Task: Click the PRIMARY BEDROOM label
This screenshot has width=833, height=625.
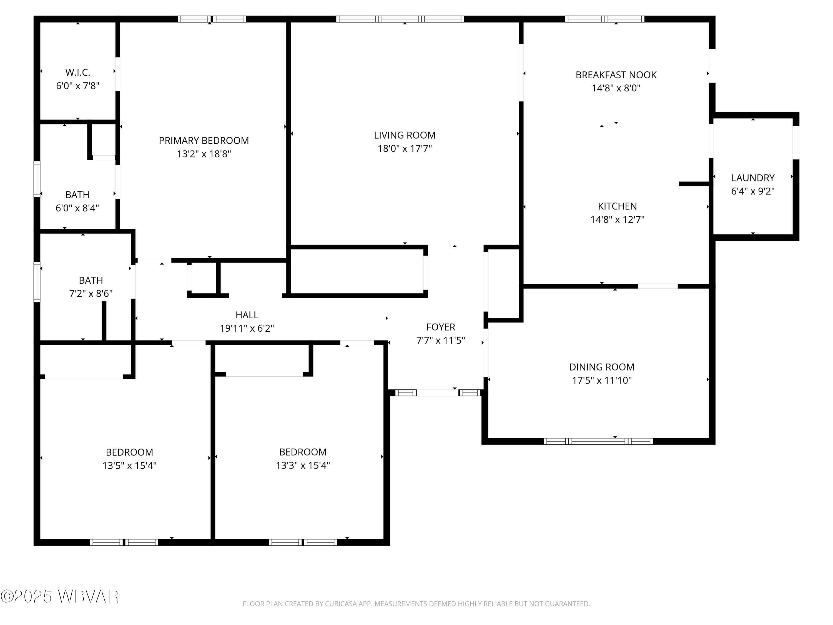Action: (x=204, y=141)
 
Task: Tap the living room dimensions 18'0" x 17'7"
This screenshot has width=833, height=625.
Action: (x=405, y=148)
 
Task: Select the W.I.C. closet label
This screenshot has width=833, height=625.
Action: (x=77, y=72)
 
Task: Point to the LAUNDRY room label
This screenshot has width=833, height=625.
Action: (x=752, y=178)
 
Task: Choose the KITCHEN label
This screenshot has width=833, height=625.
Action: (x=617, y=206)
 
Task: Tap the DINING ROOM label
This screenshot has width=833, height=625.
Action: (x=601, y=367)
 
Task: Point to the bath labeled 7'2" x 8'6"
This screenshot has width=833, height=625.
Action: (x=91, y=280)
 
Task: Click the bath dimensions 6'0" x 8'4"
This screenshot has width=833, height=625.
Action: (x=77, y=208)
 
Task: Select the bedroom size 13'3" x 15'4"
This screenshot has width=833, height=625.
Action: (x=303, y=465)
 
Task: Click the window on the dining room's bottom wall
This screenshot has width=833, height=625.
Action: (x=598, y=441)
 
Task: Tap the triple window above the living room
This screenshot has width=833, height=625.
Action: (x=400, y=19)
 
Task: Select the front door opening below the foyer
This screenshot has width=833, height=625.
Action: (x=437, y=392)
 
